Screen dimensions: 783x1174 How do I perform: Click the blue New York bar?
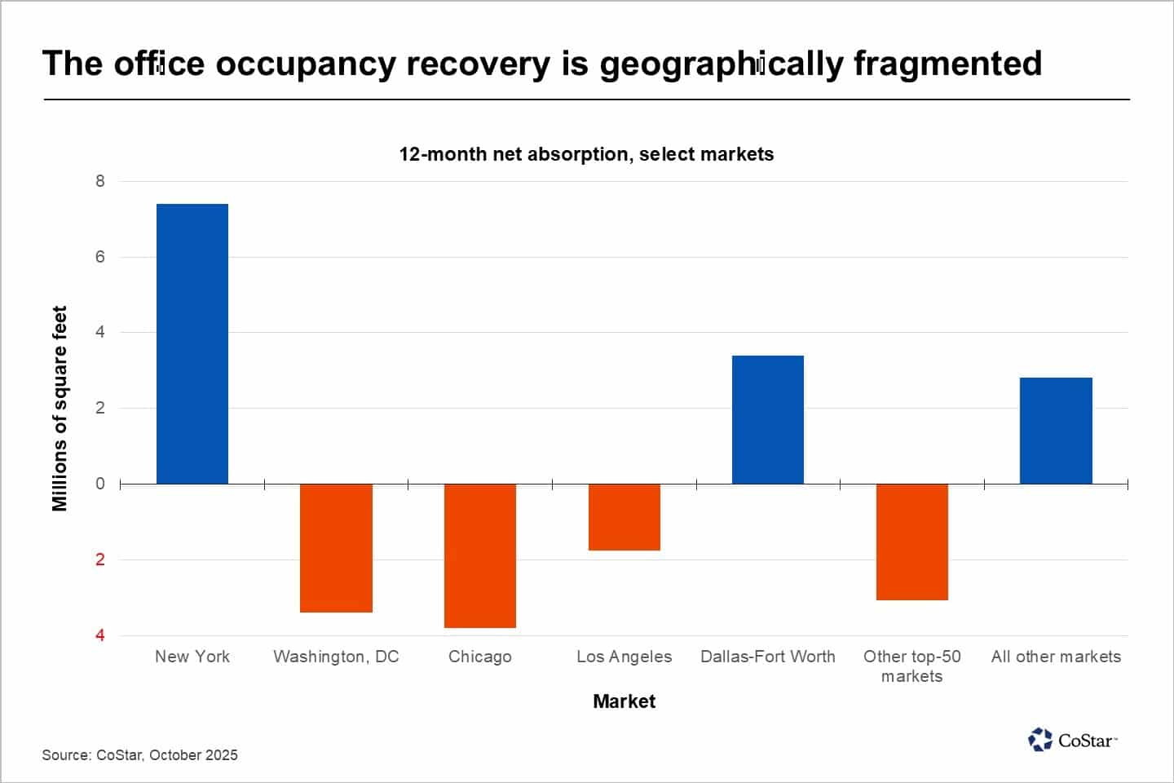192,343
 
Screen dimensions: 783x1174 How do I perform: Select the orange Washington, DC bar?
336,547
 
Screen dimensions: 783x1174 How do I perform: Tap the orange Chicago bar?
480,555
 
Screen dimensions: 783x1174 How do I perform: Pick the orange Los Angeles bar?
625,517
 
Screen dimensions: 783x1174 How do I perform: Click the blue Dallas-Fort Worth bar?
768,419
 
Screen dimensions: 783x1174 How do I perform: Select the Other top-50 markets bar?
912,542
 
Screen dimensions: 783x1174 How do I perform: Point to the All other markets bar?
1056,431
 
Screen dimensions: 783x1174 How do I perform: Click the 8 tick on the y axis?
100,181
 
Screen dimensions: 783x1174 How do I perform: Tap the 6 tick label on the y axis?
100,257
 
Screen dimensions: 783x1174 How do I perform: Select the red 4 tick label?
100,635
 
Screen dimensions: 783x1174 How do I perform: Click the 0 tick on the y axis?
100,484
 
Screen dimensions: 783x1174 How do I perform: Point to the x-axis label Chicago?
480,657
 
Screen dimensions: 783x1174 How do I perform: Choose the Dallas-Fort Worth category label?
768,657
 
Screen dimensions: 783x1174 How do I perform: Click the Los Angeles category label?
625,657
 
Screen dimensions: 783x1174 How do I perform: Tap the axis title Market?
625,701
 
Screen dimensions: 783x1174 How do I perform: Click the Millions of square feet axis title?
60,408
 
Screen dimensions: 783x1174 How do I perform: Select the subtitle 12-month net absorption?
586,154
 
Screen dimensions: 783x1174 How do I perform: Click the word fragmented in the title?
947,64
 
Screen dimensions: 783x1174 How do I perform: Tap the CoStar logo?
1071,740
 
